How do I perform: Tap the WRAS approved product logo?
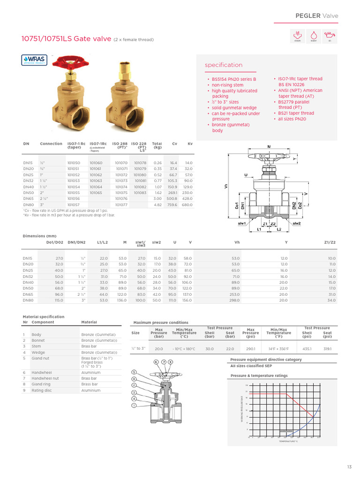pyautogui.click(x=34, y=60)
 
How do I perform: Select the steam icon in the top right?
pyautogui.click(x=297, y=35)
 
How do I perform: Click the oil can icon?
pyautogui.click(x=330, y=35)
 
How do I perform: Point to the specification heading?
pyautogui.click(x=224, y=65)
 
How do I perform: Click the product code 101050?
pyautogui.click(x=74, y=162)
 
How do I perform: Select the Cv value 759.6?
pyautogui.click(x=172, y=205)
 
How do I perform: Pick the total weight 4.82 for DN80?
pyautogui.click(x=157, y=205)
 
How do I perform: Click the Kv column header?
pyautogui.click(x=190, y=144)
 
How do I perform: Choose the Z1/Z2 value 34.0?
pyautogui.click(x=331, y=300)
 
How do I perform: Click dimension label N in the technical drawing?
pyautogui.click(x=269, y=147)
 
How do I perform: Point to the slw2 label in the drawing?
pyautogui.click(x=296, y=224)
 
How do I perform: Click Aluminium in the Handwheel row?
pyautogui.click(x=91, y=373)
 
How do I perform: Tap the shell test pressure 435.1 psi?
pyautogui.click(x=307, y=349)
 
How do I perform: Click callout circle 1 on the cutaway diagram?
pyautogui.click(x=134, y=405)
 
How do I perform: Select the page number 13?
pyautogui.click(x=349, y=467)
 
